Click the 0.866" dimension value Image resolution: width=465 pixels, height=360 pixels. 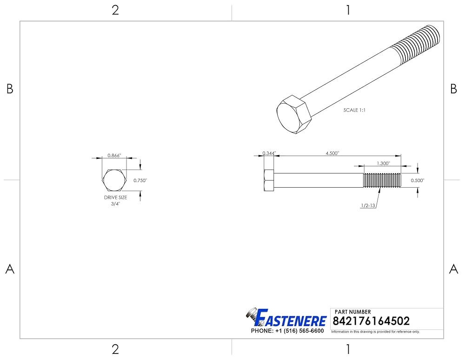[114, 156]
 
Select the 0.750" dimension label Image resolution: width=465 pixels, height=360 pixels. [140, 180]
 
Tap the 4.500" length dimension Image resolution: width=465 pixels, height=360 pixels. [332, 153]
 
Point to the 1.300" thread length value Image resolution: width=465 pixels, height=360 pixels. [384, 163]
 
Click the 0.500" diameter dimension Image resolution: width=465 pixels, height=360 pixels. [418, 180]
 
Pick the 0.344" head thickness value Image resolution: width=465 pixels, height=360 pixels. [269, 153]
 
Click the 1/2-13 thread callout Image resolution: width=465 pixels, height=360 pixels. [368, 205]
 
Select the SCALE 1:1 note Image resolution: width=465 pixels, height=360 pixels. [355, 110]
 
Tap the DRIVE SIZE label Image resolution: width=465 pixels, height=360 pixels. [115, 197]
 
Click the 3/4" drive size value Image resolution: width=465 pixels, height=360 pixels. [115, 204]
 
